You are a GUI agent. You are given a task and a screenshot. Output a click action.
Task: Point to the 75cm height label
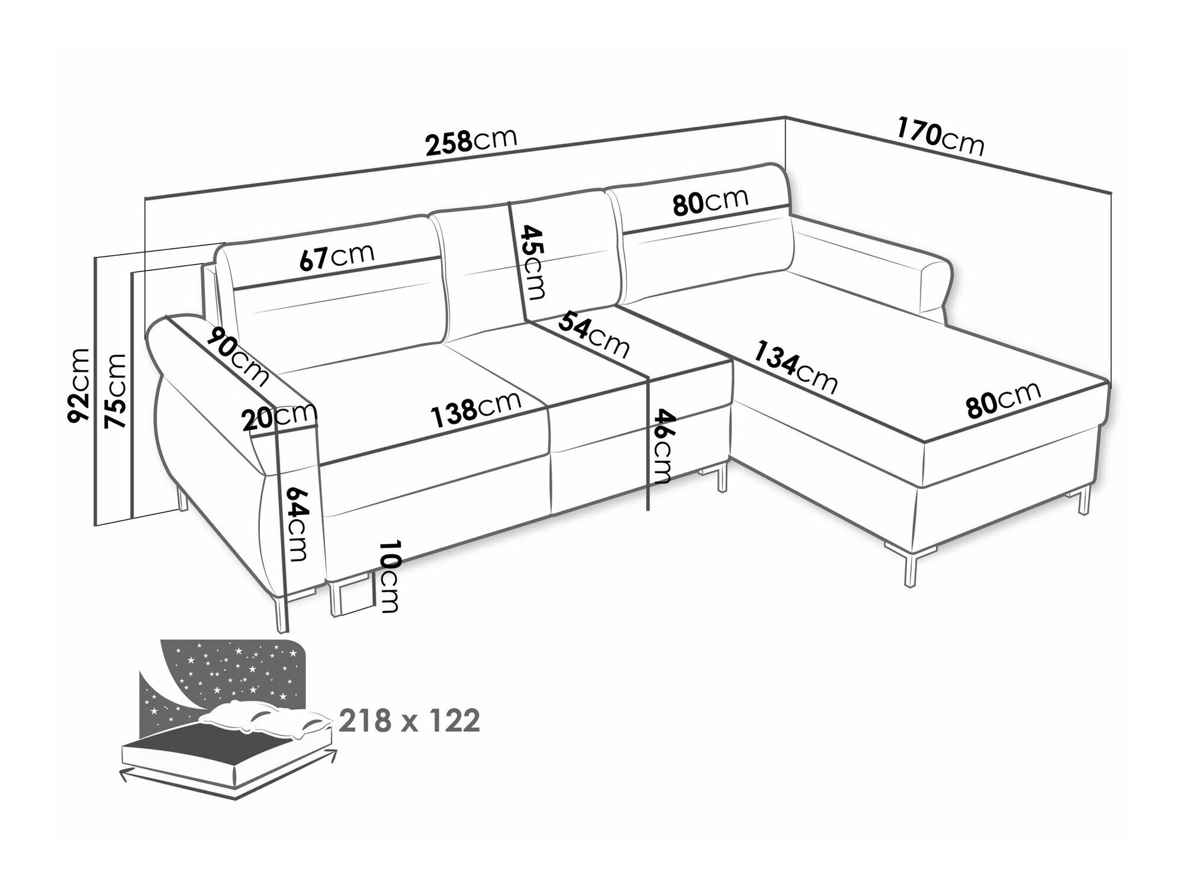click(115, 391)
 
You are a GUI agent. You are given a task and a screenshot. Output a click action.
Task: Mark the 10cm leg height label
click(388, 576)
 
